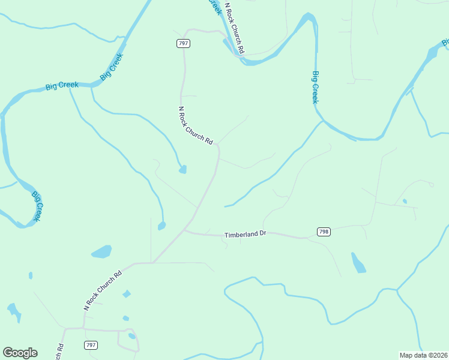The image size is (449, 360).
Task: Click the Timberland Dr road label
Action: (x=245, y=235)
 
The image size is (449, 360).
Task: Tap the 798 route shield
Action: (x=324, y=232)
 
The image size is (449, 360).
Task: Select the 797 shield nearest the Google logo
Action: (x=91, y=345)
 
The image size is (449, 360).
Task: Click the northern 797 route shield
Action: (x=183, y=43)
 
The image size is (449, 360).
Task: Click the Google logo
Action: (x=20, y=352)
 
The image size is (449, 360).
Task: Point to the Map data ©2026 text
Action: (x=423, y=355)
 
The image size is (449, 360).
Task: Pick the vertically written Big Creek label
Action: (x=315, y=88)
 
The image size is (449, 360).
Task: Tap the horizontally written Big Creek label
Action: (x=62, y=86)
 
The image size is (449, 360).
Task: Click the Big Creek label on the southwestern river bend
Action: (x=37, y=206)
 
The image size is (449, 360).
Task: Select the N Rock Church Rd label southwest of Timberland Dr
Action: (x=103, y=290)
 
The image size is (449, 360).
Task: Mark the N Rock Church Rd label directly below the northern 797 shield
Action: (x=196, y=126)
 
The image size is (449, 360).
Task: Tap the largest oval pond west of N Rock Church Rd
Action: (x=101, y=251)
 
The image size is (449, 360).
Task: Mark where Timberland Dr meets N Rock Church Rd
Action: (x=185, y=229)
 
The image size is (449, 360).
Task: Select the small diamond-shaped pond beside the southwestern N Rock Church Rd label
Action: (x=127, y=294)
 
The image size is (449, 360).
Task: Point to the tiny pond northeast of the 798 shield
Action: (x=405, y=201)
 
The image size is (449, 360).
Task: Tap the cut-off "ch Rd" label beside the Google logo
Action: (x=59, y=352)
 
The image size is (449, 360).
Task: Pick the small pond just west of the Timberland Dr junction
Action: (x=161, y=226)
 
